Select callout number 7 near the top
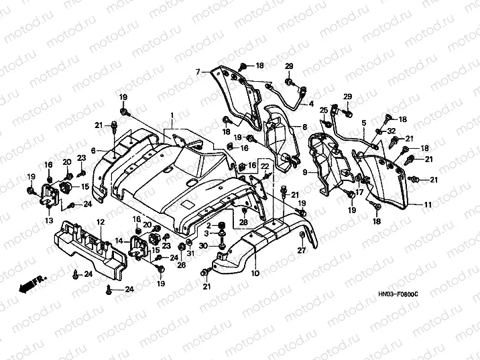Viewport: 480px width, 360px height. pos(198,71)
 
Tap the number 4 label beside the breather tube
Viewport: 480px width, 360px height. pos(311,104)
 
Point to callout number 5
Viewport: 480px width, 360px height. pos(363,123)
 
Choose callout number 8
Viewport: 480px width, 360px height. pos(305,127)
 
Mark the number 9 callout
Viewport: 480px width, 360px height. pos(305,172)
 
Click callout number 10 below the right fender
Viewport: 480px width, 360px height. pos(254,274)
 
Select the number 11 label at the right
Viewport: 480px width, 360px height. pos(428,203)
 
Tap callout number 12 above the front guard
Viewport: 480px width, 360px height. pos(99,221)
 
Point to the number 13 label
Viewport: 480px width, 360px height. pos(48,220)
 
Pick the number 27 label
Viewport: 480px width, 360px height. pos(301,250)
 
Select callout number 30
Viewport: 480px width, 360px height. pos(204,245)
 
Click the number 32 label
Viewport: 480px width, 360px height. pos(392,131)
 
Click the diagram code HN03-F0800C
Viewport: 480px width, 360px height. pos(398,294)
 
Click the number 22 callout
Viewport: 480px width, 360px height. pos(264,166)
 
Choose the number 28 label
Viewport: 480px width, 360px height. pos(244,221)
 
